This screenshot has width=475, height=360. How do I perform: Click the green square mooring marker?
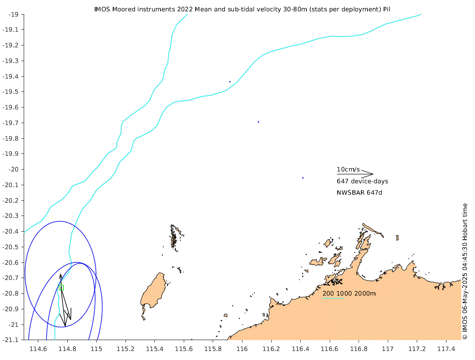tap(61, 288)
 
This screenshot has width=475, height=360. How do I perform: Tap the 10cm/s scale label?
tap(348, 169)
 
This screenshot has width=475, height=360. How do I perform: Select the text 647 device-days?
tap(362, 181)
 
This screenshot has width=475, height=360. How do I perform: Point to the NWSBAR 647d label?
tap(359, 193)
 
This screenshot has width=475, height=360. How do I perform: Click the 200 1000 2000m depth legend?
tap(349, 294)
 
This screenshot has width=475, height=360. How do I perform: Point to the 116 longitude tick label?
tap(242, 349)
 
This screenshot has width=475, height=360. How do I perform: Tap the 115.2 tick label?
tap(125, 349)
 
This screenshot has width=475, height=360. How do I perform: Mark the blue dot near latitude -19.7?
tap(258, 122)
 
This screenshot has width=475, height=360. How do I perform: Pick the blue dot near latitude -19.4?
tap(230, 81)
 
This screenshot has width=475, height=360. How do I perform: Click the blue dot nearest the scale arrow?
tap(303, 178)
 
